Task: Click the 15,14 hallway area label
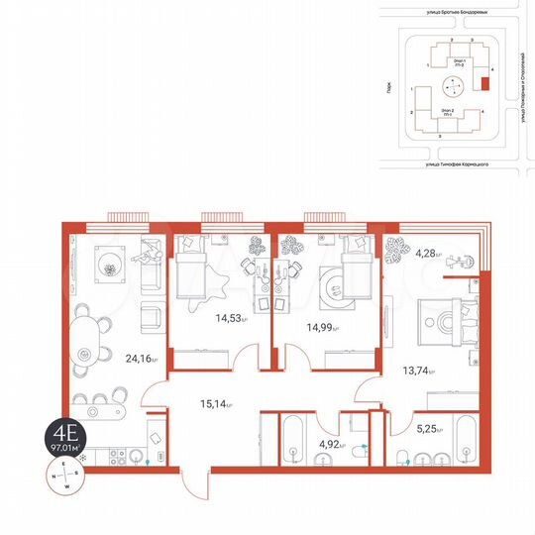coord(216,403)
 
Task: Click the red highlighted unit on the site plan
coord(483,83)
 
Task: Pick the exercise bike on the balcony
coord(459,262)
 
